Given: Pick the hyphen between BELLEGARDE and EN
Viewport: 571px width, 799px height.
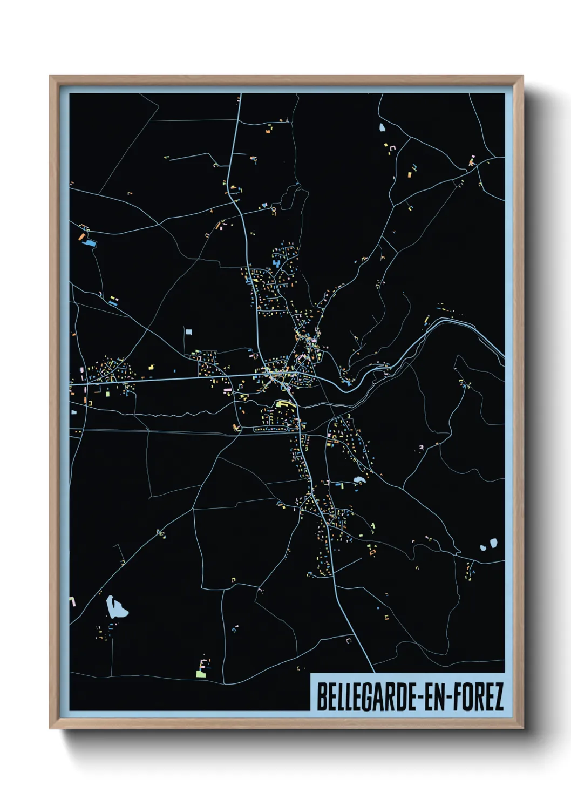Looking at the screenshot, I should (x=416, y=698).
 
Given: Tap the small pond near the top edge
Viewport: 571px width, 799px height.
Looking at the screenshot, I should (x=382, y=128).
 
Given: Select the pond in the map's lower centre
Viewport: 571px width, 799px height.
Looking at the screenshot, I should (x=358, y=480).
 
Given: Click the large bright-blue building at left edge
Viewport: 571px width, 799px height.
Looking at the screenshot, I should (x=90, y=243).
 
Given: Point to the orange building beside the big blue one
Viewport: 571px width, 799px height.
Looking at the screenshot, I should (x=81, y=236).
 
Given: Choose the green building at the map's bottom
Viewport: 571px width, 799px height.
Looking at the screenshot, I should (x=201, y=674).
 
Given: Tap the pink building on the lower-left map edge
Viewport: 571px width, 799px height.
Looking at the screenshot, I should (x=72, y=601).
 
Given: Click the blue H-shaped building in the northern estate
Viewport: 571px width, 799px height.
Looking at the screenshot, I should (x=277, y=264).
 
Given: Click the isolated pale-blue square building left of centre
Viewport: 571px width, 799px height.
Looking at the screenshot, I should (x=188, y=332).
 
